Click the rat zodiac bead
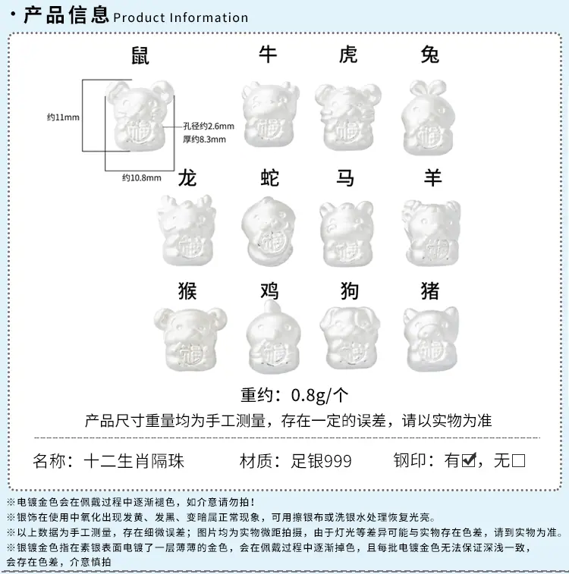pos(140,115)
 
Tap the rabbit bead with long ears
pos(429,117)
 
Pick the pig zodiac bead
pos(431,339)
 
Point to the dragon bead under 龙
pos(185,230)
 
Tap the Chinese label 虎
pos(347,55)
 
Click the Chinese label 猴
pos(187,291)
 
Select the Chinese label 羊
pos(432,178)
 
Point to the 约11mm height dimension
pos(63,117)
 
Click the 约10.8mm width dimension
pos(141,177)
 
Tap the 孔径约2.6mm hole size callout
pos(209,127)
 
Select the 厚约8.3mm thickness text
pos(204,140)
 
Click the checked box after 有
pos(469,460)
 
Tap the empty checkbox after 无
pos(518,460)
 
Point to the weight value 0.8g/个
pos(319,395)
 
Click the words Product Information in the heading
pos(181,17)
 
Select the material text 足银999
pos(321,461)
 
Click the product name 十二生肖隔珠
pos(134,461)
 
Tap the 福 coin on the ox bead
pos(269,129)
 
